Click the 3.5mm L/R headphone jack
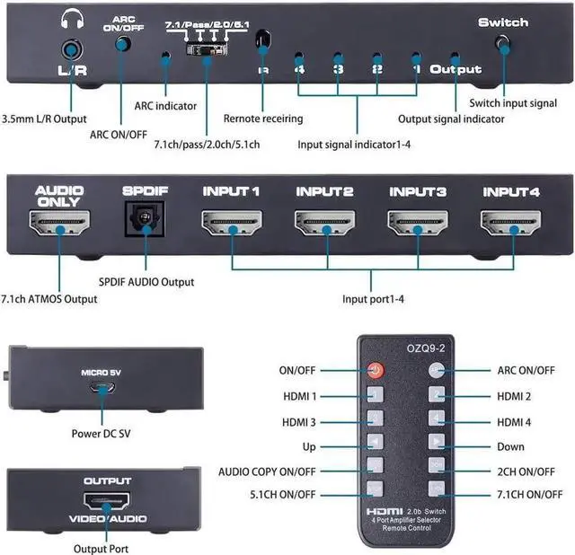(x=68, y=51)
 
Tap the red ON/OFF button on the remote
(x=375, y=369)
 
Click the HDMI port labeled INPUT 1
(x=231, y=224)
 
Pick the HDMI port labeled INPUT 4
(x=510, y=224)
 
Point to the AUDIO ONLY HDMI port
(x=58, y=224)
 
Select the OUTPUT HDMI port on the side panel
(x=107, y=502)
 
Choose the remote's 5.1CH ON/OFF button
(x=375, y=489)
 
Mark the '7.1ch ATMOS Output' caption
(x=49, y=299)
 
